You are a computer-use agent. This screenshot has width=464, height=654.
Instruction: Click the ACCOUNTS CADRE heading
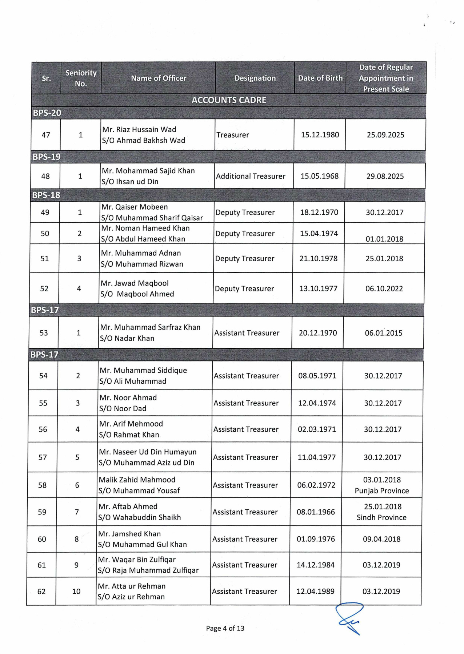click(229, 100)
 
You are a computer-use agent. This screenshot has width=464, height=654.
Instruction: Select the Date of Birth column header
click(320, 78)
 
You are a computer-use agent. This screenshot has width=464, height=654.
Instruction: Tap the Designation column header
click(255, 78)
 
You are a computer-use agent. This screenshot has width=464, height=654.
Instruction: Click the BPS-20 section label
click(47, 113)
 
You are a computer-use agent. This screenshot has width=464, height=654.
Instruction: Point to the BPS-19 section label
click(47, 157)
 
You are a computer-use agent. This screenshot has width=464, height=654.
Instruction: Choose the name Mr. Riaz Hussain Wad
click(139, 129)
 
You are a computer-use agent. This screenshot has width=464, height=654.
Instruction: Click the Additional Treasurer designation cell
click(251, 176)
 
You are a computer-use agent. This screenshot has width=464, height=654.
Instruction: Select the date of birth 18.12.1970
click(319, 212)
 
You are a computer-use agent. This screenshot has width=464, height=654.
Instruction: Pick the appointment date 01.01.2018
click(384, 239)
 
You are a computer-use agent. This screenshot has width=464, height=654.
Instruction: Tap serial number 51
click(44, 259)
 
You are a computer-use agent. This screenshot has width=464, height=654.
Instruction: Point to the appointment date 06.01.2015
click(384, 333)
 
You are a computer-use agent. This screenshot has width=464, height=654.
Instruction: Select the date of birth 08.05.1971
click(317, 376)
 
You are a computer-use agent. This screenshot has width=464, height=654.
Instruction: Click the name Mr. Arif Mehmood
click(131, 424)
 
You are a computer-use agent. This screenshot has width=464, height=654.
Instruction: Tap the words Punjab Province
click(382, 491)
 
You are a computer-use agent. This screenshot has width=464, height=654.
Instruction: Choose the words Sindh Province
click(381, 517)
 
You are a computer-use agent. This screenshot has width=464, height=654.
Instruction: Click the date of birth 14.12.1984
click(316, 565)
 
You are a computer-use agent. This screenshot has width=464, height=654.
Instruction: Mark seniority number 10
click(76, 592)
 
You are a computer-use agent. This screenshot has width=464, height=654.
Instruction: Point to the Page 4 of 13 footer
click(225, 628)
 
